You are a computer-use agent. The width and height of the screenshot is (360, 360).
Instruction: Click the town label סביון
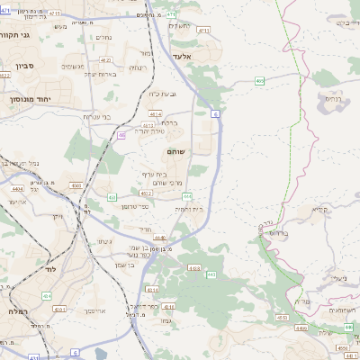click(x=24, y=65)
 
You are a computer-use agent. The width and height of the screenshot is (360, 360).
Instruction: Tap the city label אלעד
click(x=208, y=56)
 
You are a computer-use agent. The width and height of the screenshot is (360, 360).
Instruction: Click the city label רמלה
click(x=16, y=310)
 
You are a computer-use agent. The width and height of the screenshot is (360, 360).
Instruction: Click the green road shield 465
click(x=259, y=81)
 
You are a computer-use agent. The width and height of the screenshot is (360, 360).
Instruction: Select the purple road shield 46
click(x=121, y=135)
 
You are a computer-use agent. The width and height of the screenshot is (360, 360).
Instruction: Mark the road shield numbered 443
click(x=210, y=274)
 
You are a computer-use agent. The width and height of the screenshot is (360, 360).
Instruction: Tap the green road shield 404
click(x=47, y=295)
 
